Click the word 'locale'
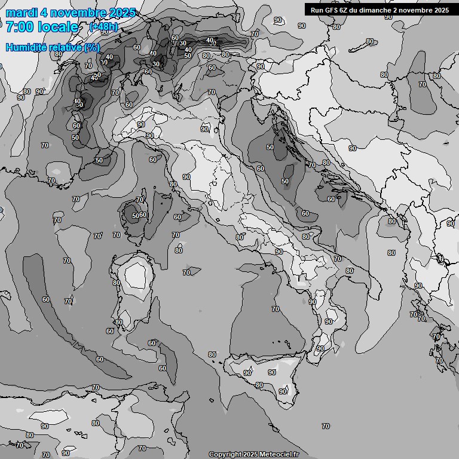(58, 27)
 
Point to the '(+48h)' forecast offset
(103, 27)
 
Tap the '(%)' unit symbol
(92, 47)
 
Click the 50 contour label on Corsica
(135, 216)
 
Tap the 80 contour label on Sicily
(259, 385)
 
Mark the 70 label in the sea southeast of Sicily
(325, 426)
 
